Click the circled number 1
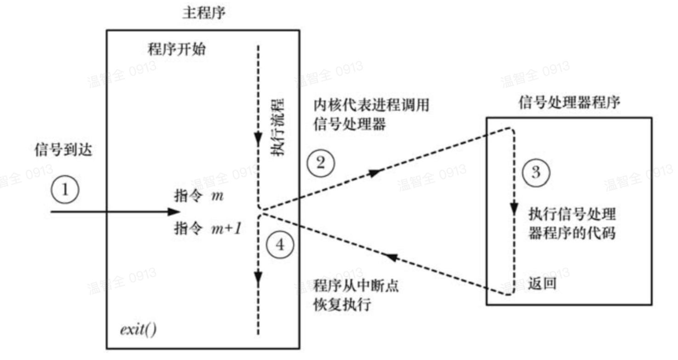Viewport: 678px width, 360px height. point(65,189)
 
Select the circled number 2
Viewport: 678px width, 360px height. point(320,163)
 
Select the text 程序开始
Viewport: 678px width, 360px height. point(176,49)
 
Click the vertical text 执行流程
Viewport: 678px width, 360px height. point(277,126)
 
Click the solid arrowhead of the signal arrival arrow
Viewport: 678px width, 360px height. point(174,212)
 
